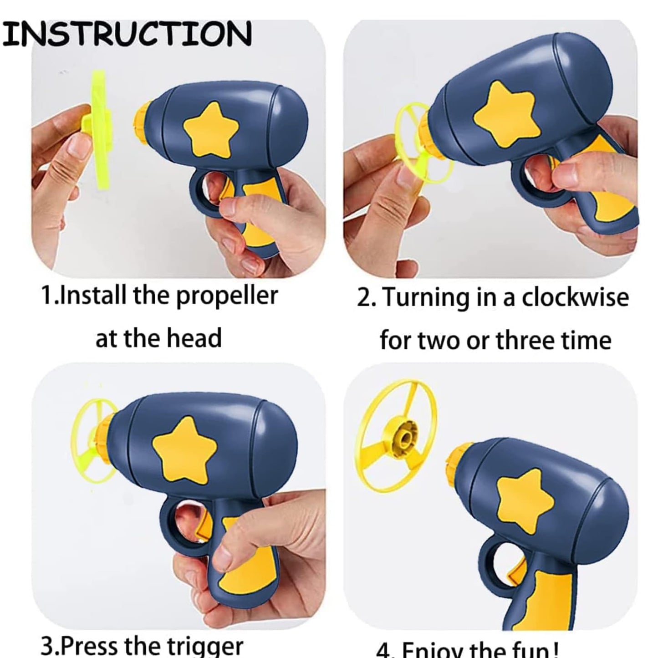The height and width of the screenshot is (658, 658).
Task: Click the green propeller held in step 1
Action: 102,128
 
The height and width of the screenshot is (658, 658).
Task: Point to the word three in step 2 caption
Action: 528,340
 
